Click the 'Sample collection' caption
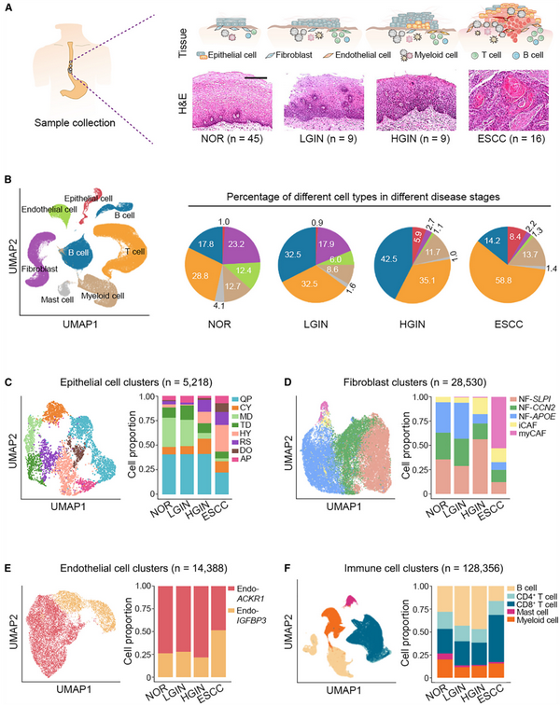[x=74, y=122]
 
